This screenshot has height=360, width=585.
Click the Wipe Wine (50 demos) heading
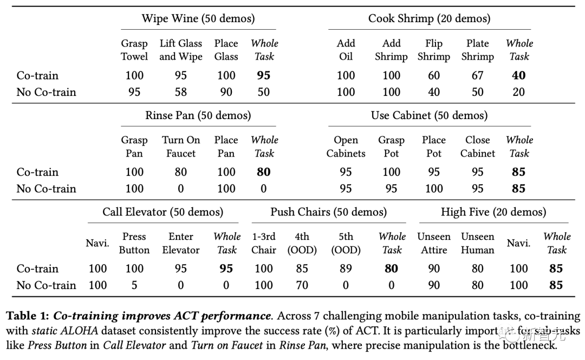tap(198, 18)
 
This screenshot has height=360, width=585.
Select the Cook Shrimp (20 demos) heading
tap(429, 18)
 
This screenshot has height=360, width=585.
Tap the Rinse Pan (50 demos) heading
tap(198, 115)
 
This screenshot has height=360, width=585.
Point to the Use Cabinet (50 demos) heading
tap(429, 115)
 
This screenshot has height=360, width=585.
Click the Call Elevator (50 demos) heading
tap(163, 212)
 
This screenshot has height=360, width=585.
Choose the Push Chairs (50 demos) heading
tap(329, 212)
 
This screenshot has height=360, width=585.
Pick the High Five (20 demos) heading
tap(493, 212)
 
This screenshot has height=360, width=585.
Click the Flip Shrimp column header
tap(434, 50)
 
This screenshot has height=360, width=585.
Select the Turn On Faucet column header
tap(181, 147)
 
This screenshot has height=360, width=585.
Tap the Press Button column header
tap(134, 243)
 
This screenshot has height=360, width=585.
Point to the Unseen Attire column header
tap(434, 243)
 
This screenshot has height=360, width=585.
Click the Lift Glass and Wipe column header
tap(181, 50)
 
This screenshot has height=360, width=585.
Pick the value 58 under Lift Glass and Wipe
tap(181, 92)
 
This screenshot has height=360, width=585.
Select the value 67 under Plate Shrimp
tap(477, 76)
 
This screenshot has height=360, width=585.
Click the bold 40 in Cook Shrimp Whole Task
tap(519, 76)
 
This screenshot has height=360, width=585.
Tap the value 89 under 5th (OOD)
tap(346, 269)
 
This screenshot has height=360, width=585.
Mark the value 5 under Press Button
tap(134, 285)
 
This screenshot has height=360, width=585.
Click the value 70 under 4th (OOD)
tap(302, 285)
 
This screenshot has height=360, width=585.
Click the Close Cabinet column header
tap(478, 147)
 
